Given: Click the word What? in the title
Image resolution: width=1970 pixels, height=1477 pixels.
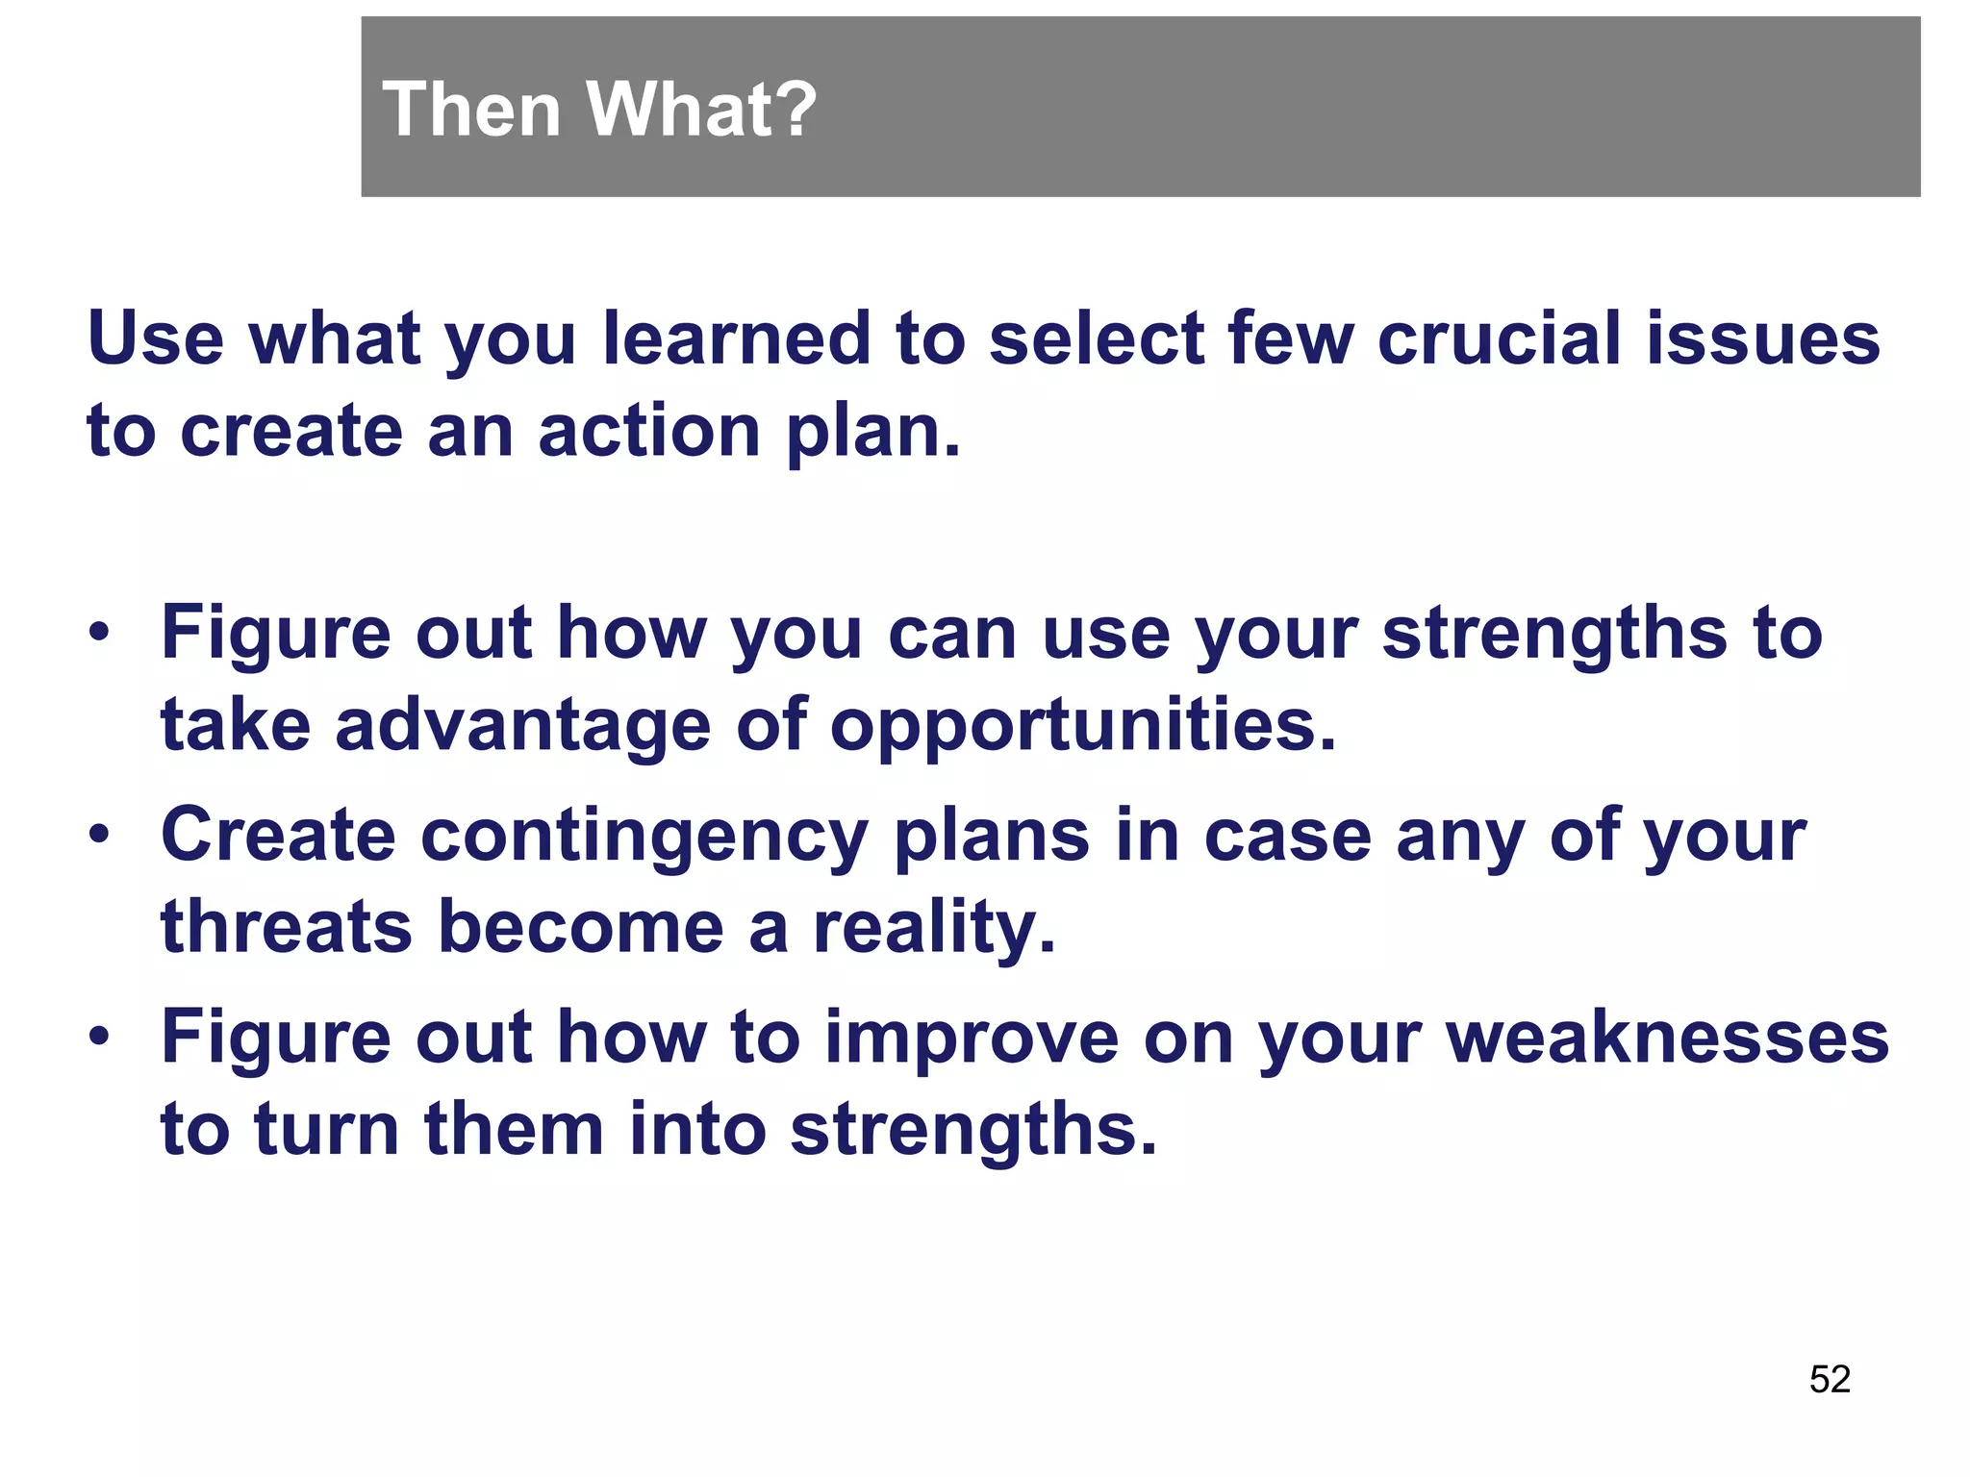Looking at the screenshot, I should click(x=701, y=109).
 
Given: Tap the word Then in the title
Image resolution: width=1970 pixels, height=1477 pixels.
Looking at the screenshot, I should click(x=471, y=109).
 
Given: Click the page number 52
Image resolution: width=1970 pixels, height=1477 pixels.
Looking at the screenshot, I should click(x=1830, y=1379).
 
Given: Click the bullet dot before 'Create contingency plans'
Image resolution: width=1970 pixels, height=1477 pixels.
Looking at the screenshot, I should click(x=99, y=835).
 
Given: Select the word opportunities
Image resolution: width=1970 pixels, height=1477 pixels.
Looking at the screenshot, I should click(x=1083, y=726).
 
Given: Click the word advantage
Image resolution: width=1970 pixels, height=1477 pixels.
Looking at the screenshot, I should click(x=523, y=726).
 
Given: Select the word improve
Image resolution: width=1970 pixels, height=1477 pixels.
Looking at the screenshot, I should click(x=972, y=1039).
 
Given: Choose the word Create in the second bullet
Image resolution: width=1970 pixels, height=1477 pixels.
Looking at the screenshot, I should click(x=278, y=835).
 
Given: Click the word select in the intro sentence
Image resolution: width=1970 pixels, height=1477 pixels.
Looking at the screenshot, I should click(x=1097, y=338).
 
